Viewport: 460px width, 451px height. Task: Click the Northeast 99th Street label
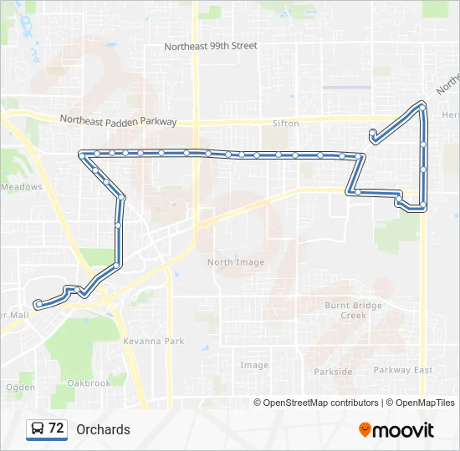point(211,47)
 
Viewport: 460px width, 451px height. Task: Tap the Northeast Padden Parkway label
point(118,121)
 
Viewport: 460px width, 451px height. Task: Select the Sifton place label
point(285,124)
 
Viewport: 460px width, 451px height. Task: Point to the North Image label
point(236,262)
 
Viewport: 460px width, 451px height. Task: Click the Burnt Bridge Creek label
point(353,310)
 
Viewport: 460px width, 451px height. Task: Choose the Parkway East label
point(403,370)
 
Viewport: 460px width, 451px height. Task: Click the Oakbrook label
point(89,383)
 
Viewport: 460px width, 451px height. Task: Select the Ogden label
point(21,388)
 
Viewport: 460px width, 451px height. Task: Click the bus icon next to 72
point(38,429)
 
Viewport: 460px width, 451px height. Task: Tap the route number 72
point(56,428)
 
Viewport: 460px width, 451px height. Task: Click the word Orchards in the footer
point(103,429)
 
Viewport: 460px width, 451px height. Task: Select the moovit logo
point(396,429)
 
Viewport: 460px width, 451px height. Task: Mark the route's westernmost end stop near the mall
point(38,303)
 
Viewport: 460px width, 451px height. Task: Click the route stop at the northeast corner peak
point(422,106)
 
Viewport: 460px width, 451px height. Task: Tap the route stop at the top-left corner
point(82,154)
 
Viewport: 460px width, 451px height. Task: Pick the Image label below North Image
point(254,365)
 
